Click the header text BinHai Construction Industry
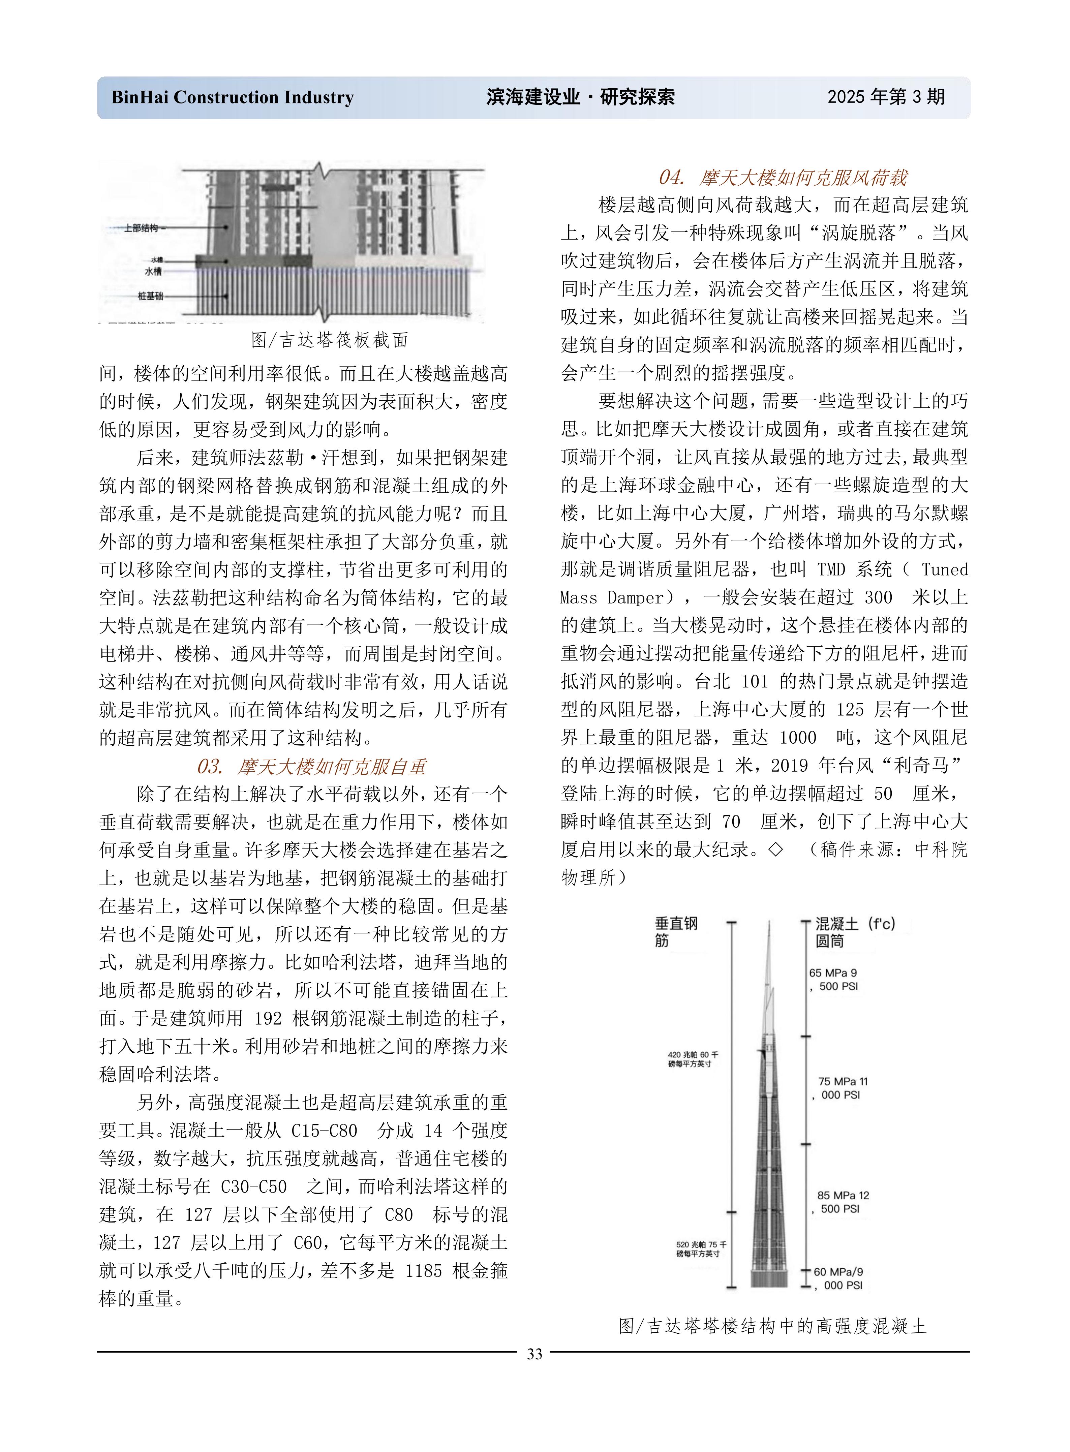tap(233, 98)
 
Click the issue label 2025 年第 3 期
tap(885, 97)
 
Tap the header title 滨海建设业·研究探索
tap(580, 97)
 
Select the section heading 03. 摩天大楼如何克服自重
tap(311, 767)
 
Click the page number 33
tap(534, 1354)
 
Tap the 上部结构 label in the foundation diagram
tap(141, 228)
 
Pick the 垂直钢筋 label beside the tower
tap(676, 931)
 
